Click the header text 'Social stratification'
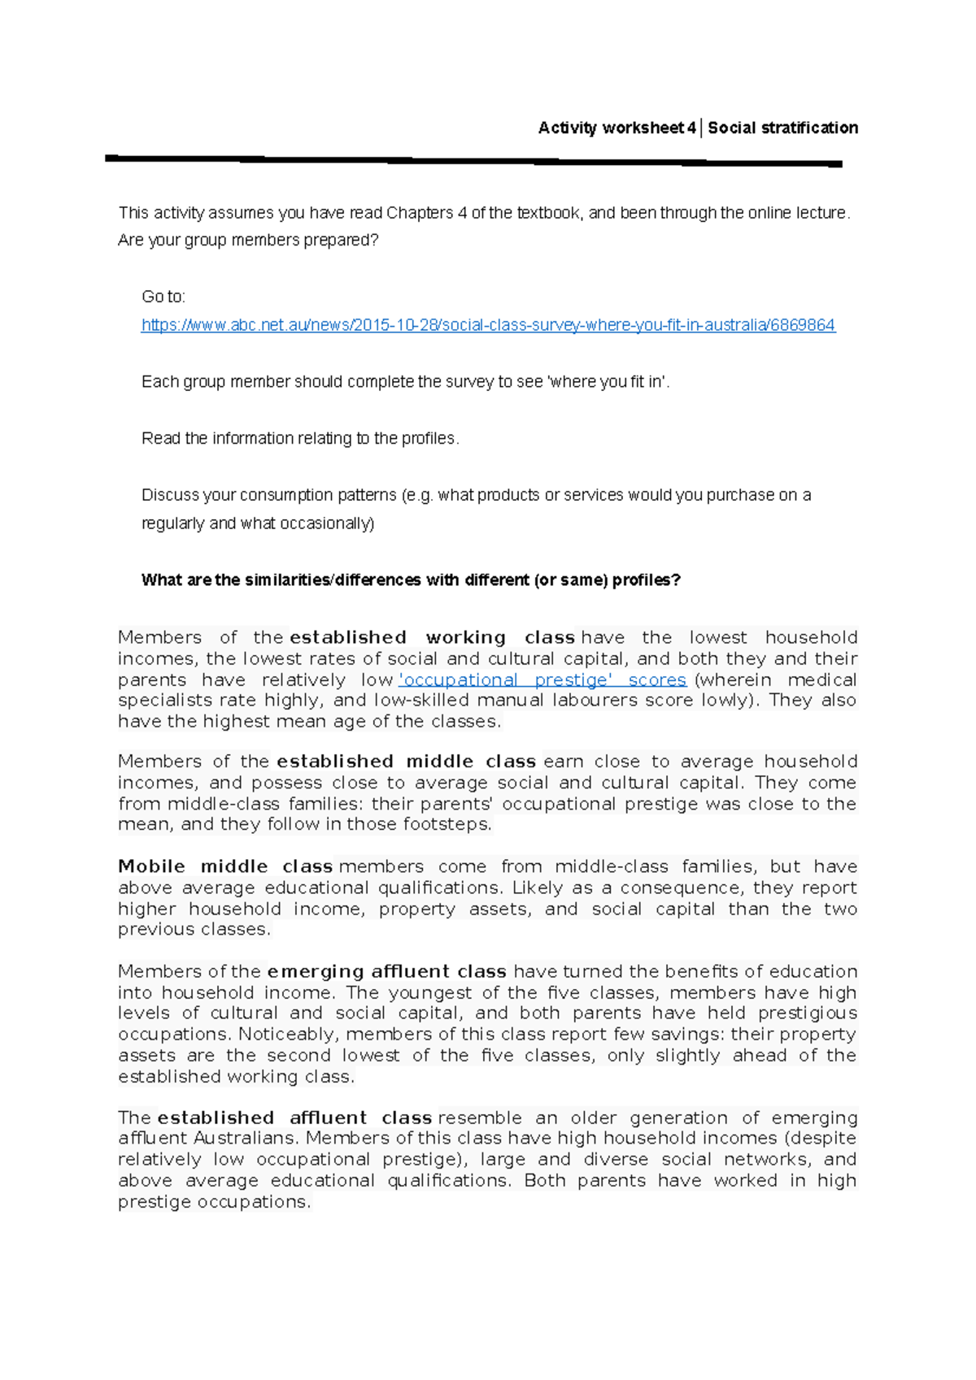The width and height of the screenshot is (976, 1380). [782, 128]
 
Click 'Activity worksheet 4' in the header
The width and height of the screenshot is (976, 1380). [617, 128]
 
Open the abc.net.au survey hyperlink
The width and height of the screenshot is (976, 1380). [488, 325]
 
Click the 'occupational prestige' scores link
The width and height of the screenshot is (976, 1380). [542, 679]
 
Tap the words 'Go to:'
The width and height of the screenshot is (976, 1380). [163, 297]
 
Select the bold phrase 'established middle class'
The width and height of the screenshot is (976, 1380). [406, 762]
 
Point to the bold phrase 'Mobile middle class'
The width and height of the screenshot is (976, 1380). [225, 866]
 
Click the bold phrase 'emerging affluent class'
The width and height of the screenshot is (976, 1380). [386, 971]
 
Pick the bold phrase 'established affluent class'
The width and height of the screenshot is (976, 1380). [294, 1117]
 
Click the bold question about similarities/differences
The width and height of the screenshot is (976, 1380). [411, 580]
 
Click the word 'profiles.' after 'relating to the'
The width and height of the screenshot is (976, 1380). [430, 439]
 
